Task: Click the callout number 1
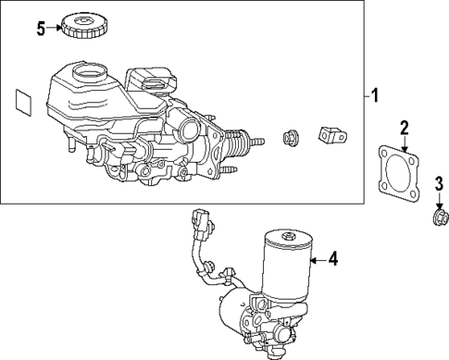tap(375, 95)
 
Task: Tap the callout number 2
tap(403, 127)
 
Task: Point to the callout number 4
tap(333, 260)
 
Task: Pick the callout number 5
tap(40, 28)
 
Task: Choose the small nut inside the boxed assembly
tap(288, 137)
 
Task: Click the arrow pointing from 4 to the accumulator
tap(318, 260)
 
